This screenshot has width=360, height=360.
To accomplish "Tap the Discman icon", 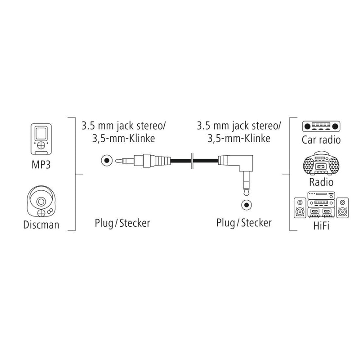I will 42,201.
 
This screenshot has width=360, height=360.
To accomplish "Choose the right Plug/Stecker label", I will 243,223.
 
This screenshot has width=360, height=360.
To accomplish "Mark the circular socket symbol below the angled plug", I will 245,204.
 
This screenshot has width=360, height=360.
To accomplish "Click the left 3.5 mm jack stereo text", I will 122,125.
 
